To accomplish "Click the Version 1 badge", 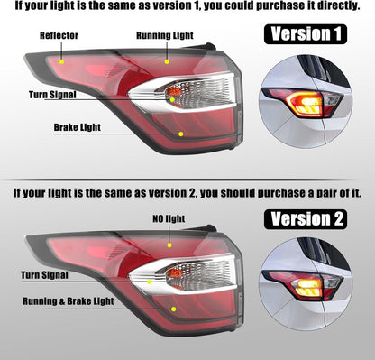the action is pos(306,34).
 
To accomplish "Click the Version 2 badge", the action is pos(306,219).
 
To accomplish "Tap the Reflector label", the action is pos(59,35).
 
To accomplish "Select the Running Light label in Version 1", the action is pos(165,35).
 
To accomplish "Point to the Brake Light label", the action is pos(78,127).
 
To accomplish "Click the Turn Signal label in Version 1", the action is pos(52,95).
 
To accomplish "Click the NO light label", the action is pos(169,218).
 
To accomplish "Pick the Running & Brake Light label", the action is pos(69,301).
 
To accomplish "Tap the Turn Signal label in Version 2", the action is pos(44,275).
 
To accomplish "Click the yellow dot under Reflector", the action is pos(61,61).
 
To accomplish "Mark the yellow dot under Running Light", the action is pos(167,61).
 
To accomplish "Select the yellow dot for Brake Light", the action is pos(181,134).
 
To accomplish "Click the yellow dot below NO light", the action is pos(169,245).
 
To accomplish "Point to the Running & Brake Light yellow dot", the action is pos(173,309).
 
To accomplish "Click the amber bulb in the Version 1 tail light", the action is pos(174,92).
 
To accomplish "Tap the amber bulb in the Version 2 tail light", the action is pos(175,273).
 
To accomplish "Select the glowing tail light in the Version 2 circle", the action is pos(306,286).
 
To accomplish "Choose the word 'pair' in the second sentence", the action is pos(318,193).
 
